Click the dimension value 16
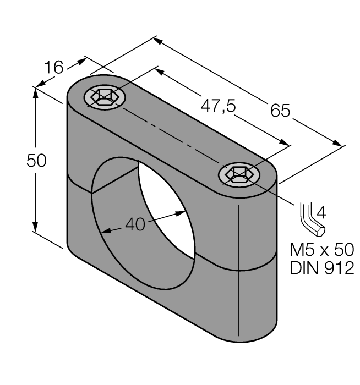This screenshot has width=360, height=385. pos(54,68)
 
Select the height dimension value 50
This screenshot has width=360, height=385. pos(37,161)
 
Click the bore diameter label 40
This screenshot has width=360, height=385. pos(135,224)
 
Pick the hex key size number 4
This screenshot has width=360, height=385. pos(322,211)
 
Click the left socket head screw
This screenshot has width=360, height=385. pos(105,98)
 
